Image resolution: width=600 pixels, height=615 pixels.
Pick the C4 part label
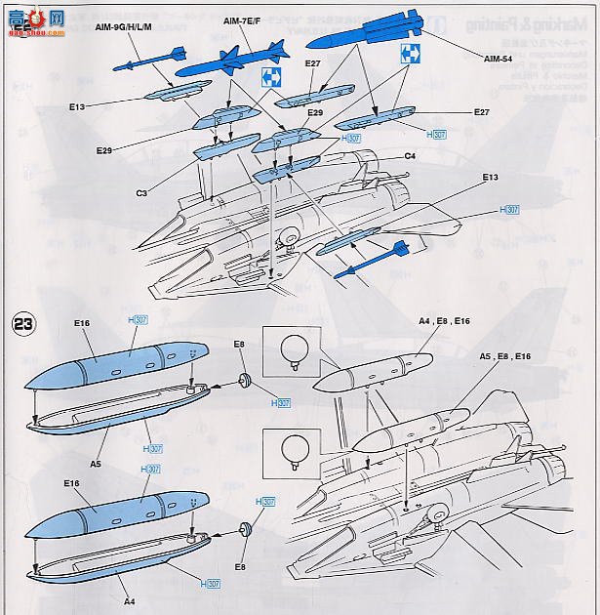411,156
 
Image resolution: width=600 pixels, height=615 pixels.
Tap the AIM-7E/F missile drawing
233,60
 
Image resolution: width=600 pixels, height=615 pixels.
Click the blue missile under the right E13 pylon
371,261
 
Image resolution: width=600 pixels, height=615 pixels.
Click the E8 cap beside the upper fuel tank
245,382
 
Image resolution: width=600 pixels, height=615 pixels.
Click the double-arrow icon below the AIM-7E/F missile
270,80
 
